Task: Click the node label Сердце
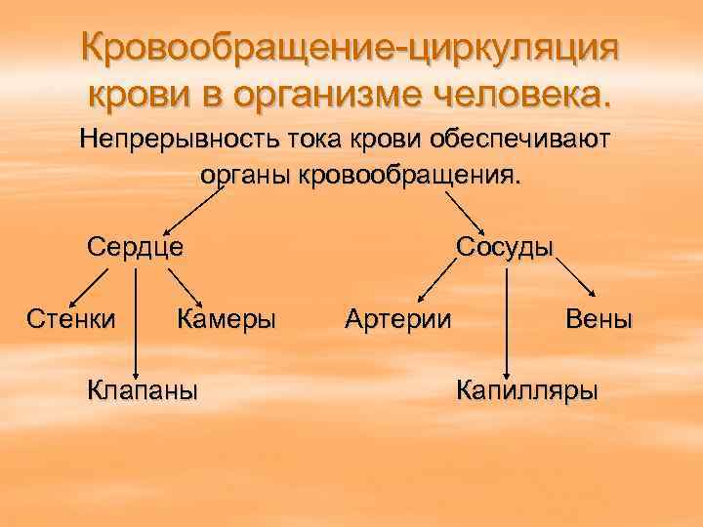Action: point(135,245)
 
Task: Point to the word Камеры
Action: point(227,318)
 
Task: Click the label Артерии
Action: point(398,318)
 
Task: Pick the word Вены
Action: point(599,318)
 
